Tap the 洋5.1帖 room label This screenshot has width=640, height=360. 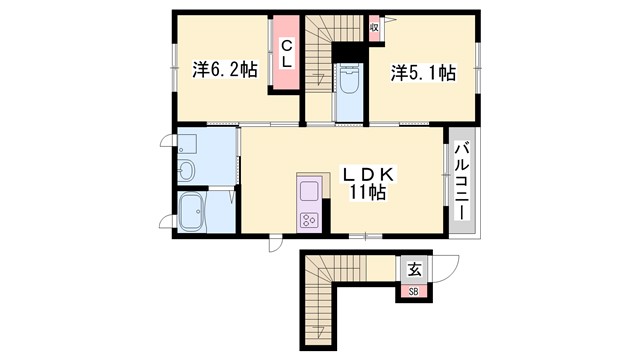point(424,73)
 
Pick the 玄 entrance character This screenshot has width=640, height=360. point(414,268)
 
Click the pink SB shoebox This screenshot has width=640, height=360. point(414,292)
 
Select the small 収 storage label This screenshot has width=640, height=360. point(373,27)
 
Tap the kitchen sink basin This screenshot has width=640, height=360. point(307,190)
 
